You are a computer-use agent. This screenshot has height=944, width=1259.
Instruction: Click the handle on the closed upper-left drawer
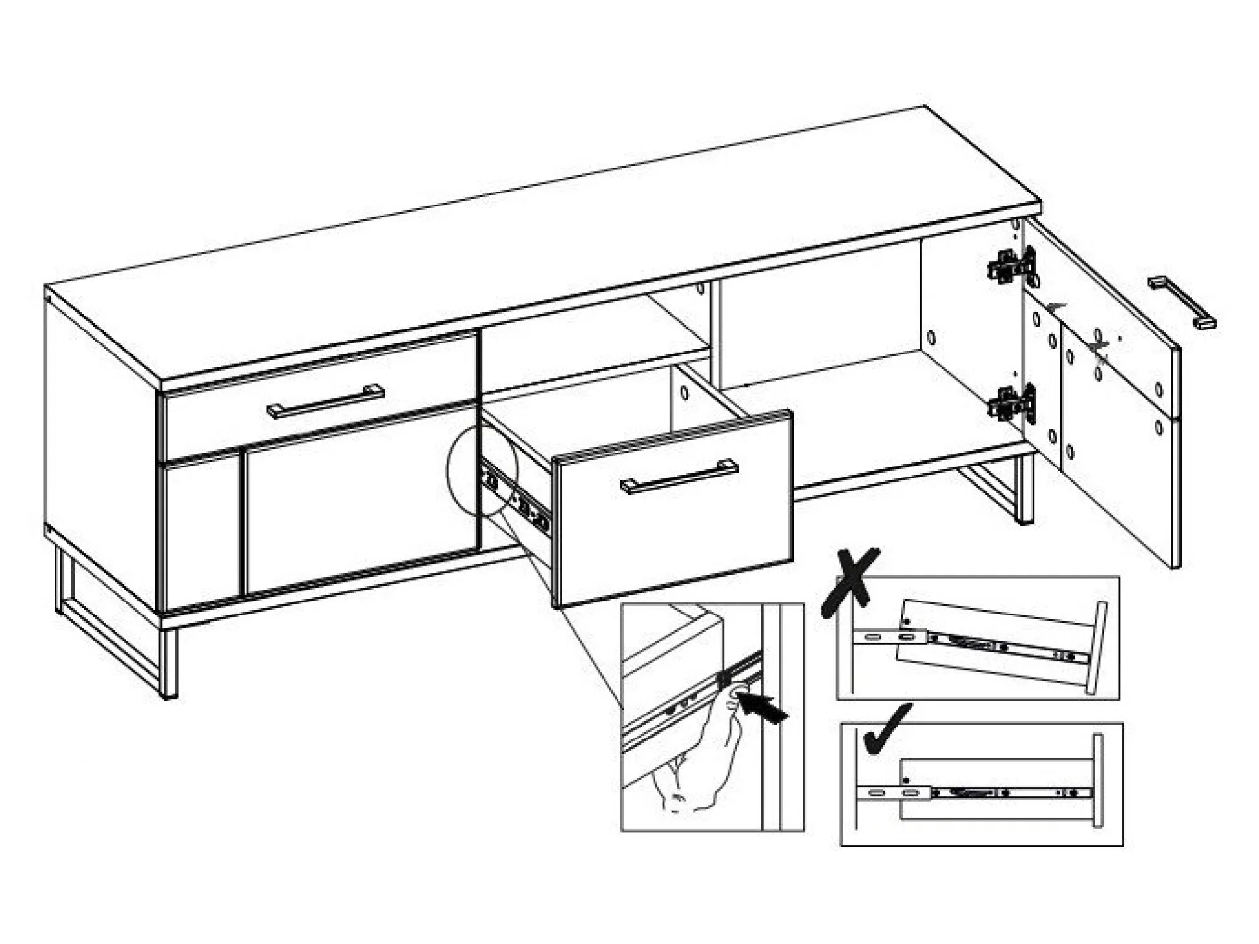[324, 402]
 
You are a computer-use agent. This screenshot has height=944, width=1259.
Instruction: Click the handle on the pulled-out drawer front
[679, 477]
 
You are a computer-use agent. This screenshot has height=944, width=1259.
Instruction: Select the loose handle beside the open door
[1180, 303]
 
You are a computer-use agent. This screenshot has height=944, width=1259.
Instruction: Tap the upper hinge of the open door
[1012, 266]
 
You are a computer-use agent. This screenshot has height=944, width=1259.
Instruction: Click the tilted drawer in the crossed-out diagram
[993, 643]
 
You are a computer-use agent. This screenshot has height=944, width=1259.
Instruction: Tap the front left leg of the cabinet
[168, 662]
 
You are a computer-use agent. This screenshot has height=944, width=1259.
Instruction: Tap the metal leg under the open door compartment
[1022, 490]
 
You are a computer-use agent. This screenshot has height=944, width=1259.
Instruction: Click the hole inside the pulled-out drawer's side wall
[684, 393]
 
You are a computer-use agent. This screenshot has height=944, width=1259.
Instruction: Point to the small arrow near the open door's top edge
[1057, 305]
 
